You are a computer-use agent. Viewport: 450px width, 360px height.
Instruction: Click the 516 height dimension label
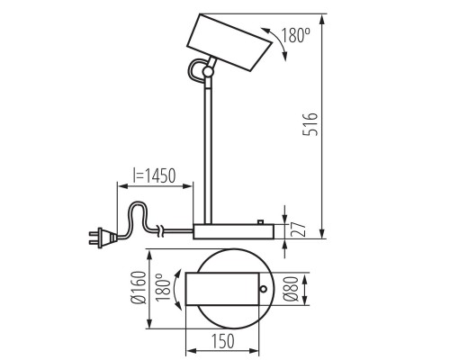[310, 124]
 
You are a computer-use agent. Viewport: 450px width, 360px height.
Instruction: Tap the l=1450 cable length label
[154, 175]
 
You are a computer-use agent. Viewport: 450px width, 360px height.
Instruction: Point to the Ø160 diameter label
[139, 288]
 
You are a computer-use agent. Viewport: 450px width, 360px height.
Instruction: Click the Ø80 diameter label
[291, 289]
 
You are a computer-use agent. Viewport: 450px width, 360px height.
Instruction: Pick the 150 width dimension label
[223, 341]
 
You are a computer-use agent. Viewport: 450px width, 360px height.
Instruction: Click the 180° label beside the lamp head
[295, 35]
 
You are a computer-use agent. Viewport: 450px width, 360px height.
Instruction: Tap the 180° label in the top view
[163, 288]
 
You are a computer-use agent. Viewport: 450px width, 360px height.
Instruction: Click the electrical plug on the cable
[103, 238]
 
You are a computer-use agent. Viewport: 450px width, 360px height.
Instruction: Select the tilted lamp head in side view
[229, 42]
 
